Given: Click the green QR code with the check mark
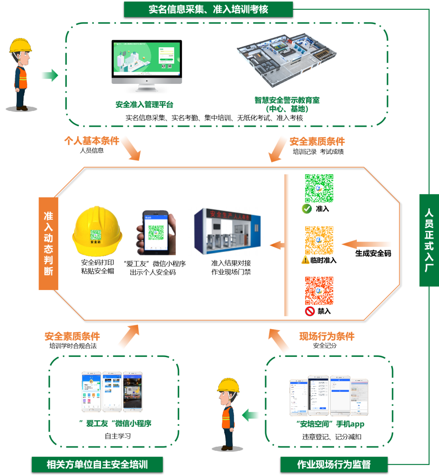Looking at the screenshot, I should pyautogui.click(x=319, y=188).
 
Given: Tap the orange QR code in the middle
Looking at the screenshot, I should pyautogui.click(x=319, y=240).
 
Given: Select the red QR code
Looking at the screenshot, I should pyautogui.click(x=319, y=291).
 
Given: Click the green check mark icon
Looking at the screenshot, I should pyautogui.click(x=306, y=209).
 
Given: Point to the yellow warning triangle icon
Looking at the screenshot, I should pyautogui.click(x=305, y=260).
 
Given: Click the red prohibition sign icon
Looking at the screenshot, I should pyautogui.click(x=310, y=312).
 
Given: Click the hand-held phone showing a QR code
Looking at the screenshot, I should pyautogui.click(x=156, y=233).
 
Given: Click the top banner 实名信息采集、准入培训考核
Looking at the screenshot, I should pyautogui.click(x=208, y=9).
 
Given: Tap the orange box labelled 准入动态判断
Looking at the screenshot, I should pyautogui.click(x=48, y=243).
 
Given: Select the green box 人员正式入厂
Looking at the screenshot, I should pyautogui.click(x=429, y=240).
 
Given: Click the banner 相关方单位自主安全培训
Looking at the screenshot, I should pyautogui.click(x=97, y=464).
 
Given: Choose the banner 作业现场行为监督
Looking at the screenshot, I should pyautogui.click(x=334, y=464).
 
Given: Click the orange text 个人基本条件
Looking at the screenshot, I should pyautogui.click(x=92, y=141).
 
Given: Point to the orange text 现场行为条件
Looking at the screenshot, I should pyautogui.click(x=327, y=336).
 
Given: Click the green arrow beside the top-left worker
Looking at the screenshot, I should pyautogui.click(x=50, y=75).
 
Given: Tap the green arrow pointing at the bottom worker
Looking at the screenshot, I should pyautogui.click(x=250, y=415).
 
